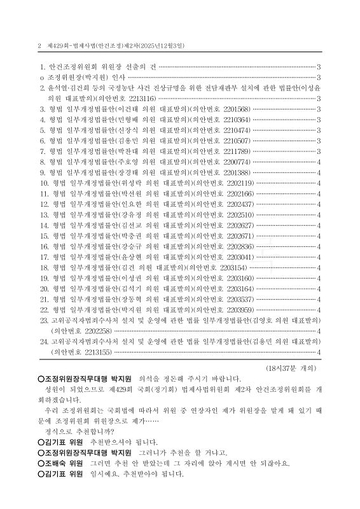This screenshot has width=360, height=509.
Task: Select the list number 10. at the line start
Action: (x=45, y=183)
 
